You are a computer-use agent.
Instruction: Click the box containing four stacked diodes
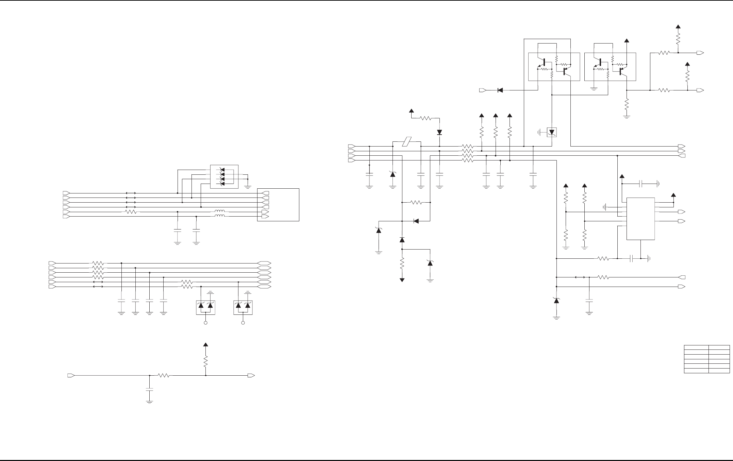(224, 176)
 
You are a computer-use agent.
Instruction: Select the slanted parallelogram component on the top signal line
(407, 142)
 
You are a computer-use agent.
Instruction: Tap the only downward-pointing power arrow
(402, 279)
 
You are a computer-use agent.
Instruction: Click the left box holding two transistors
(554, 67)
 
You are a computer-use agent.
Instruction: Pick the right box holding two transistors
(610, 67)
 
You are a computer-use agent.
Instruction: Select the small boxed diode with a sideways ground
(551, 132)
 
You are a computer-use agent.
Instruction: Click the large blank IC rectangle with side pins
(640, 219)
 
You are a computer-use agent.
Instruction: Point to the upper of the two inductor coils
(220, 211)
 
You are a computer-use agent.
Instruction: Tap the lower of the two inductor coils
(220, 216)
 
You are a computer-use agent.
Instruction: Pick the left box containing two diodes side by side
(205, 307)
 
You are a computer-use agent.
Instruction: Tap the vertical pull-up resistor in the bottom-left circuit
(205, 361)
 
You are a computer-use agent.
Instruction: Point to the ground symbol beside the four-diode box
(248, 185)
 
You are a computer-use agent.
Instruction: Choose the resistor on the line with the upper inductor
(131, 212)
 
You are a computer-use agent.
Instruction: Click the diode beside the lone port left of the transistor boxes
(500, 90)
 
